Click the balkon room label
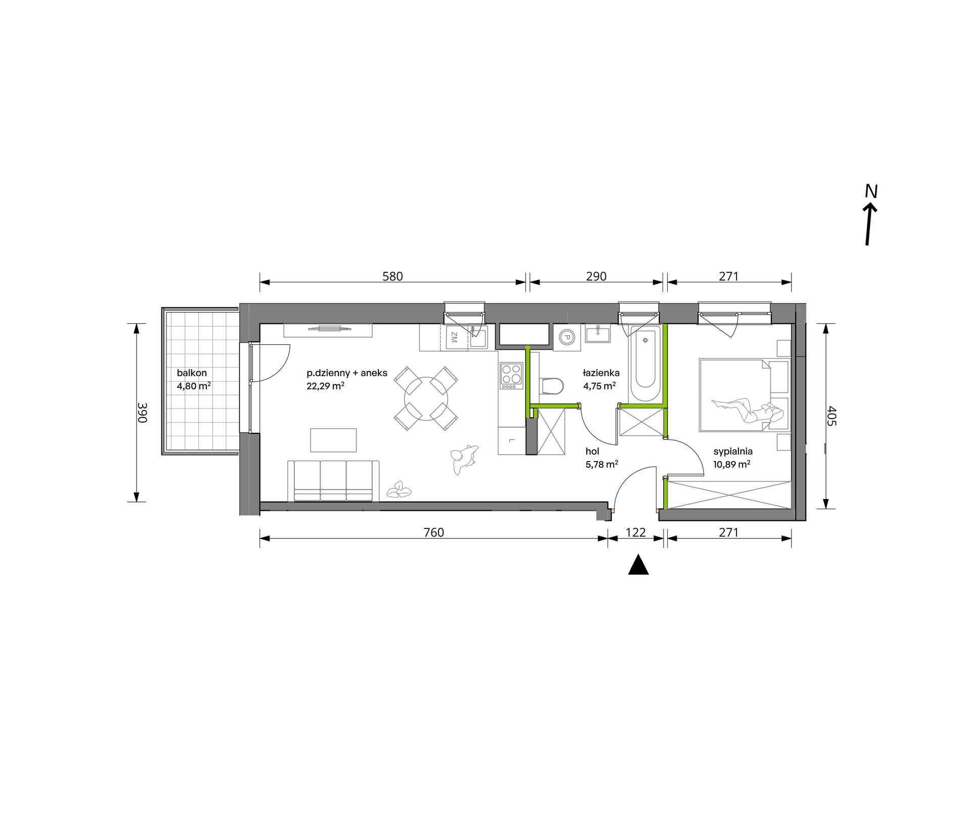coord(192,373)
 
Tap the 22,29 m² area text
coord(326,386)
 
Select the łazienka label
coord(601,373)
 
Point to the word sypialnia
coord(733,451)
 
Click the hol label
coord(592,451)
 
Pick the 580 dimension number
coord(392,276)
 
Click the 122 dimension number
coord(636,532)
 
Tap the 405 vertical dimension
coord(833,416)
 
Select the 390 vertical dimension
coord(142,413)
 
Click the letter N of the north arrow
coord(871,191)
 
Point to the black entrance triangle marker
coord(638,565)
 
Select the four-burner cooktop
coord(511,375)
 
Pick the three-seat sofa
coord(333,481)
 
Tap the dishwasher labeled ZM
coord(454,337)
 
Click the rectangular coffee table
coord(333,440)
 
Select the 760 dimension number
coord(433,532)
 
